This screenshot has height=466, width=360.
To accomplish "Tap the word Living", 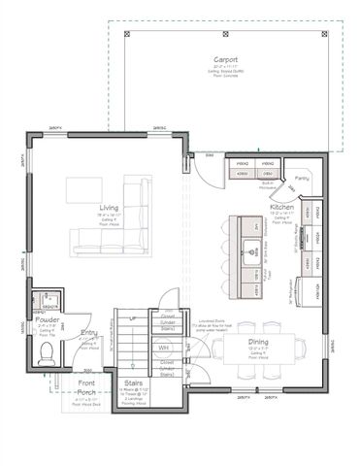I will click(109, 208).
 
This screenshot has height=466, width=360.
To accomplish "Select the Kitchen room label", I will click(281, 208).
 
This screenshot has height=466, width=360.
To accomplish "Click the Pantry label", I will click(302, 179).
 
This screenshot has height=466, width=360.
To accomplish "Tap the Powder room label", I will click(48, 318).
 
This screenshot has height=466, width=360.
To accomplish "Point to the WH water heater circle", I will click(164, 347).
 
